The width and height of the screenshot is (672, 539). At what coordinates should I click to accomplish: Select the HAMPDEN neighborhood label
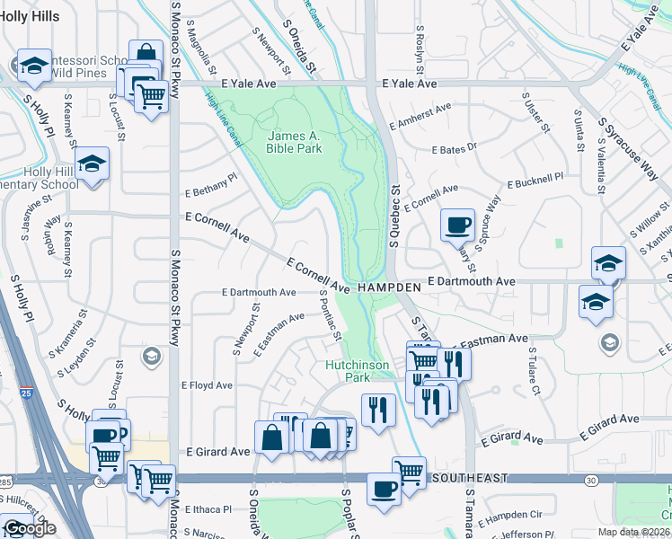pos(388,287)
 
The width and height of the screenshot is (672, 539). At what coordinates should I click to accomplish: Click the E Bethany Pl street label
pos(211,185)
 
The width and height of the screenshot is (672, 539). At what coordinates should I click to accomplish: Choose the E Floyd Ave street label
pos(207,385)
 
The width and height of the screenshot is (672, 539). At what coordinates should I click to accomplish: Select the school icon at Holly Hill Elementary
pos(92,164)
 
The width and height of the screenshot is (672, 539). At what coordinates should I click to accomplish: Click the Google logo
pos(30,528)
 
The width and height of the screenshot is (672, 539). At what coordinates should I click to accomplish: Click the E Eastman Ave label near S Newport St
pos(279,331)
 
